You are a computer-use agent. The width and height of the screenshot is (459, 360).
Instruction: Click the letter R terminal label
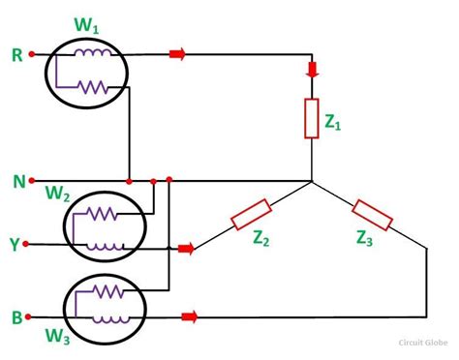15,55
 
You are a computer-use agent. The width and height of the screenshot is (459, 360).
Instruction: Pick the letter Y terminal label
15,246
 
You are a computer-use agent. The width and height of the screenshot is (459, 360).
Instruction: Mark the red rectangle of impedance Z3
372,215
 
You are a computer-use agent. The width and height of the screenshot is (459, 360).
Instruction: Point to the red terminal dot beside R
32,55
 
